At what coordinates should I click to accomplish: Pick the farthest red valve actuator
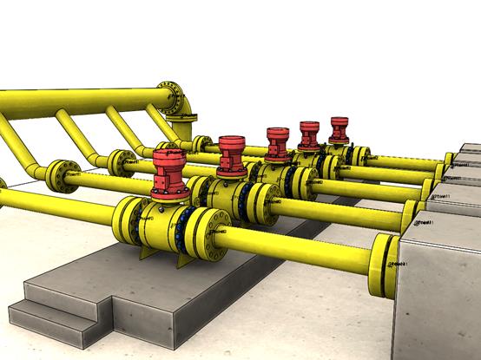click(x=339, y=129)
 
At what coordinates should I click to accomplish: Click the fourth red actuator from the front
click(x=309, y=135)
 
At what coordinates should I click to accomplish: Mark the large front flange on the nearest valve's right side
click(x=208, y=232)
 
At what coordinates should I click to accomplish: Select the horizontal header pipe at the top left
click(x=78, y=96)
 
